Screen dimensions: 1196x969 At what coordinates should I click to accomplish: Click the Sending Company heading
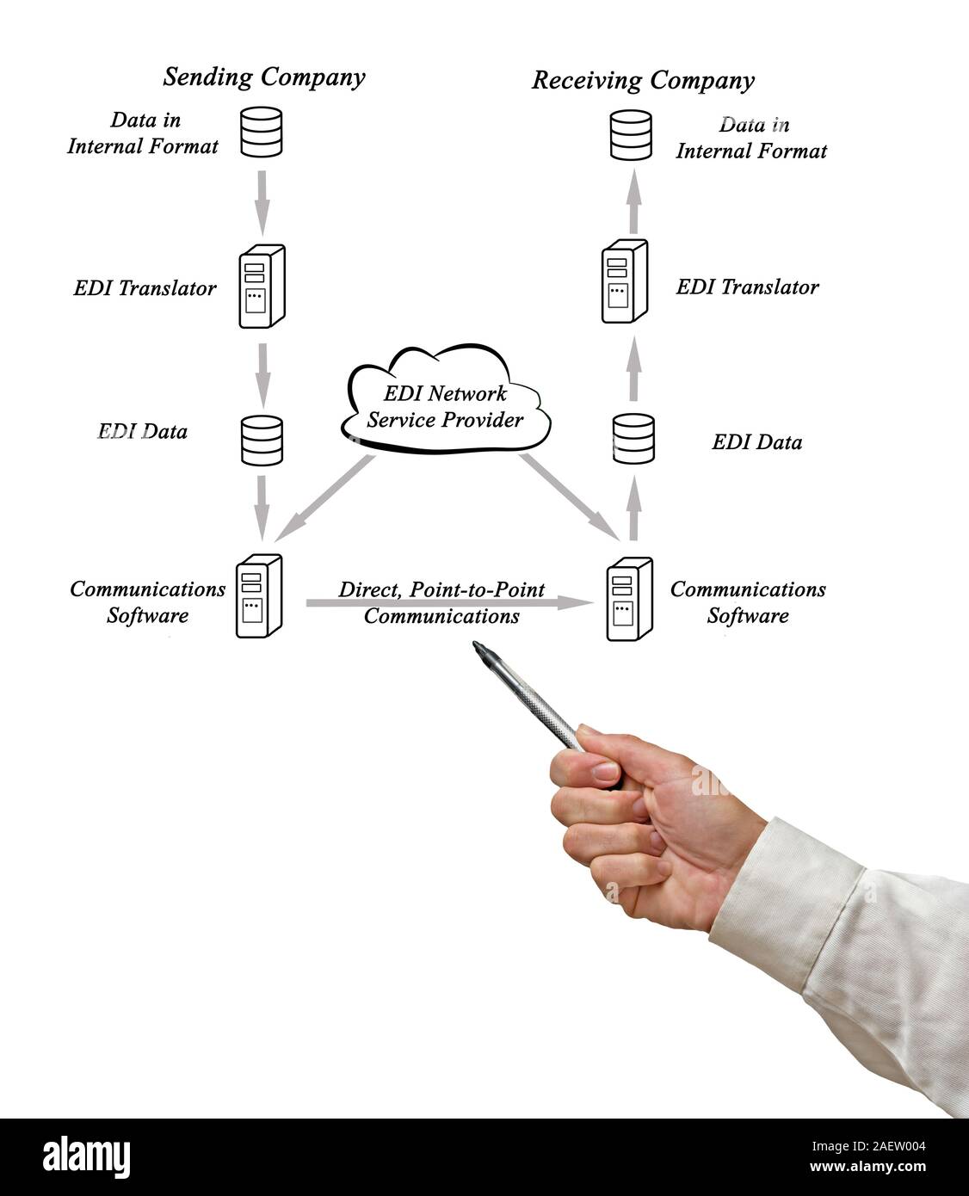click(x=264, y=77)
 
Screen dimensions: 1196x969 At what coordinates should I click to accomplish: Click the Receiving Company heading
click(x=642, y=81)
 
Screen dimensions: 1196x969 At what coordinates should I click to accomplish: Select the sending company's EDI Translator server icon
click(x=261, y=287)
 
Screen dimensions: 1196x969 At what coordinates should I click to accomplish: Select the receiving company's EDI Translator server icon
click(x=624, y=281)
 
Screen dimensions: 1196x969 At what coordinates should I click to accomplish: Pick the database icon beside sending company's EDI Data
click(x=262, y=440)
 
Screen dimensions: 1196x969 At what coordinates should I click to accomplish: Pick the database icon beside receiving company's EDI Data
click(x=633, y=438)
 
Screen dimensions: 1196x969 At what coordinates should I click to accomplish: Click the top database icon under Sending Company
click(x=262, y=132)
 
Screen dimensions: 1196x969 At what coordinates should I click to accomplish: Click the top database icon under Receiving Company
click(x=631, y=135)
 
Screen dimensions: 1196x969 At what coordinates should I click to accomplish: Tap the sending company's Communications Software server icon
click(x=259, y=595)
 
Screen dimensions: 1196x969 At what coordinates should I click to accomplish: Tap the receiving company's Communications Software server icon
click(x=629, y=599)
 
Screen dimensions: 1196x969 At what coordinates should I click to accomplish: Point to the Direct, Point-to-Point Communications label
click(x=441, y=602)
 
